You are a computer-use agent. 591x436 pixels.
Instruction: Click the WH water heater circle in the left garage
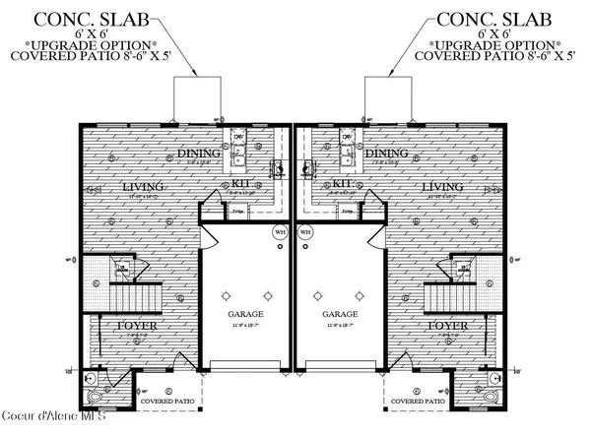coord(280,233)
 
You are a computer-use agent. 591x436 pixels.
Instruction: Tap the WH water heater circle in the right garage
coord(306,233)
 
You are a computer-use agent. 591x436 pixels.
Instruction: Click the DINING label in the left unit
coord(201,153)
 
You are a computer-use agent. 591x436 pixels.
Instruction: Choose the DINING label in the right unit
coord(385,153)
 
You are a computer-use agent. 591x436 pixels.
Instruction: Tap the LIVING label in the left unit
coord(142,186)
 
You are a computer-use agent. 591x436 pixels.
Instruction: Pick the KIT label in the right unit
coord(342,183)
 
